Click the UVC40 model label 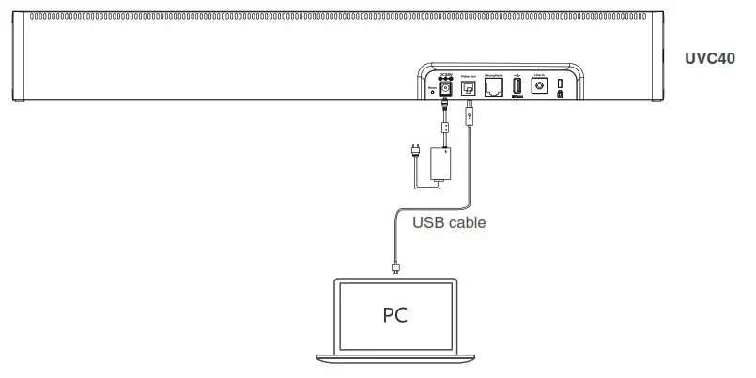point(717,58)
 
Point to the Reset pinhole point(432,92)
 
